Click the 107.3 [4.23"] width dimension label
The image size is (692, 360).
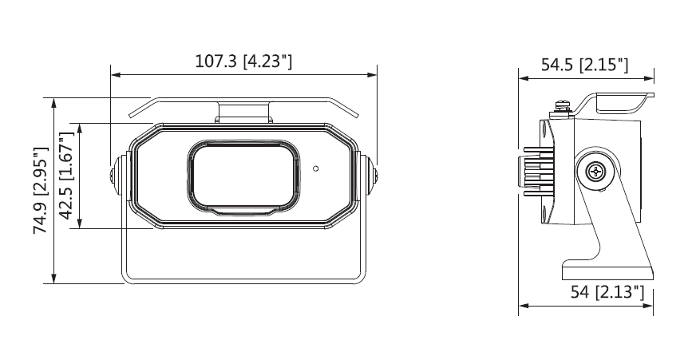pos(243,61)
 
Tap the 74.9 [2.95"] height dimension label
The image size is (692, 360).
pos(41,191)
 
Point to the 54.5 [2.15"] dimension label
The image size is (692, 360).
pos(585,65)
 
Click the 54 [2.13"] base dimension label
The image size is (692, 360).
pos(607,291)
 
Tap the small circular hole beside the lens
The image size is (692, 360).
pos(315,168)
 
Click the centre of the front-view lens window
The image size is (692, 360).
pos(243,177)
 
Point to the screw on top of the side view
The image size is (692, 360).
pos(561,107)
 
